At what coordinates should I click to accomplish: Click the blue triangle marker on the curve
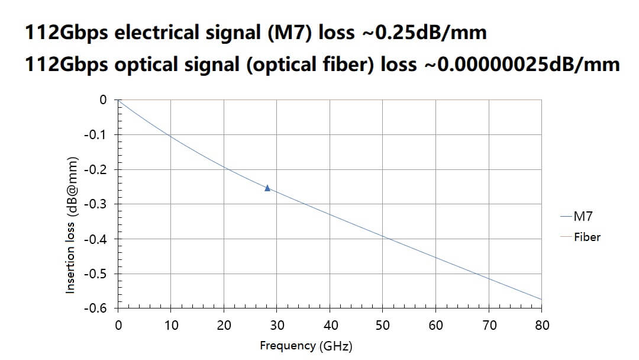pyautogui.click(x=267, y=188)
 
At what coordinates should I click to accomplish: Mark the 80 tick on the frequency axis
pyautogui.click(x=541, y=325)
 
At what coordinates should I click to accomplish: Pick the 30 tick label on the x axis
pyautogui.click(x=277, y=325)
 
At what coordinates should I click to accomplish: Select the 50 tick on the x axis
pyautogui.click(x=383, y=325)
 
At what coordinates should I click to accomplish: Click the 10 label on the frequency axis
pyautogui.click(x=171, y=325)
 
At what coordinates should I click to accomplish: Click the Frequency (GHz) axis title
pyautogui.click(x=306, y=346)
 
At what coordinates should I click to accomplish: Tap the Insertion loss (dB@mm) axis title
pyautogui.click(x=71, y=225)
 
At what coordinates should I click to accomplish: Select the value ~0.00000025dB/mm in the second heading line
pyautogui.click(x=521, y=63)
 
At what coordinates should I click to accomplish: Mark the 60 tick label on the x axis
pyautogui.click(x=435, y=325)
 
